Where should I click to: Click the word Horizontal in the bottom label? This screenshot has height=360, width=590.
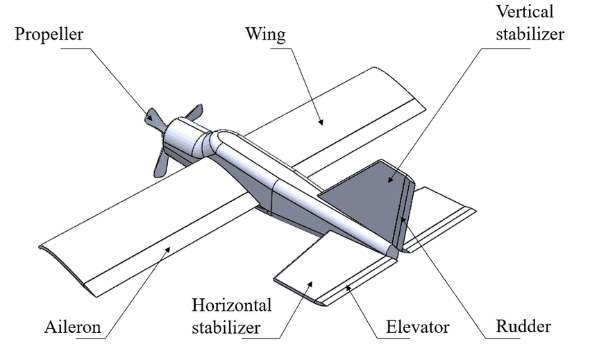point(232,305)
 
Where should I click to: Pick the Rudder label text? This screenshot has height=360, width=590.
point(523,326)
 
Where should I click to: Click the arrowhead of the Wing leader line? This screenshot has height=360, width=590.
point(321,123)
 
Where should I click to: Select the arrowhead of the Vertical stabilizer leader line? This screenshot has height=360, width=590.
point(390,180)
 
